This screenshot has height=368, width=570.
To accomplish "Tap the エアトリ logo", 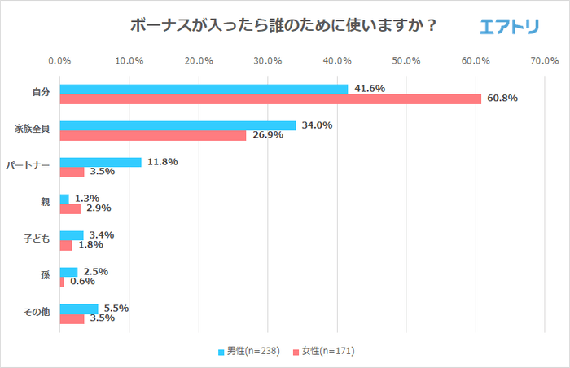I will point(509,27).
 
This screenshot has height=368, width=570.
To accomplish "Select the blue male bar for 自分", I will point(204,88).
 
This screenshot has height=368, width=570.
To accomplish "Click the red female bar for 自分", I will point(270,99).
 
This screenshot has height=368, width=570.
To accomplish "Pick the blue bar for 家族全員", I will point(178,125).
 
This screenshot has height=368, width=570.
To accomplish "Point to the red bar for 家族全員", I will point(152,135).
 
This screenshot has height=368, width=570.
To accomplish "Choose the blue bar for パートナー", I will point(100,162).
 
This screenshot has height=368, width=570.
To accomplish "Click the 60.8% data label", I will point(502,99).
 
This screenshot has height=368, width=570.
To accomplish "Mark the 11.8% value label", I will point(161,162).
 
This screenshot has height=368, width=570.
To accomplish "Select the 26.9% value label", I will point(266,135).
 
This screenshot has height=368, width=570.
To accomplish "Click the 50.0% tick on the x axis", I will point(406,61).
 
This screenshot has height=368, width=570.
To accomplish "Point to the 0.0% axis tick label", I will point(59,61).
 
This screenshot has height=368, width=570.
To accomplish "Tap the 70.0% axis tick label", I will point(544,61).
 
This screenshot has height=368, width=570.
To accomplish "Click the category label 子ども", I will point(37,239).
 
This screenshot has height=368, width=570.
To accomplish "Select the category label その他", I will point(37,313).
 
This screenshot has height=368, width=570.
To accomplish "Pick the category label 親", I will point(46,203).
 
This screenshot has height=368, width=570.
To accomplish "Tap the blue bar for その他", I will point(78,309).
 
